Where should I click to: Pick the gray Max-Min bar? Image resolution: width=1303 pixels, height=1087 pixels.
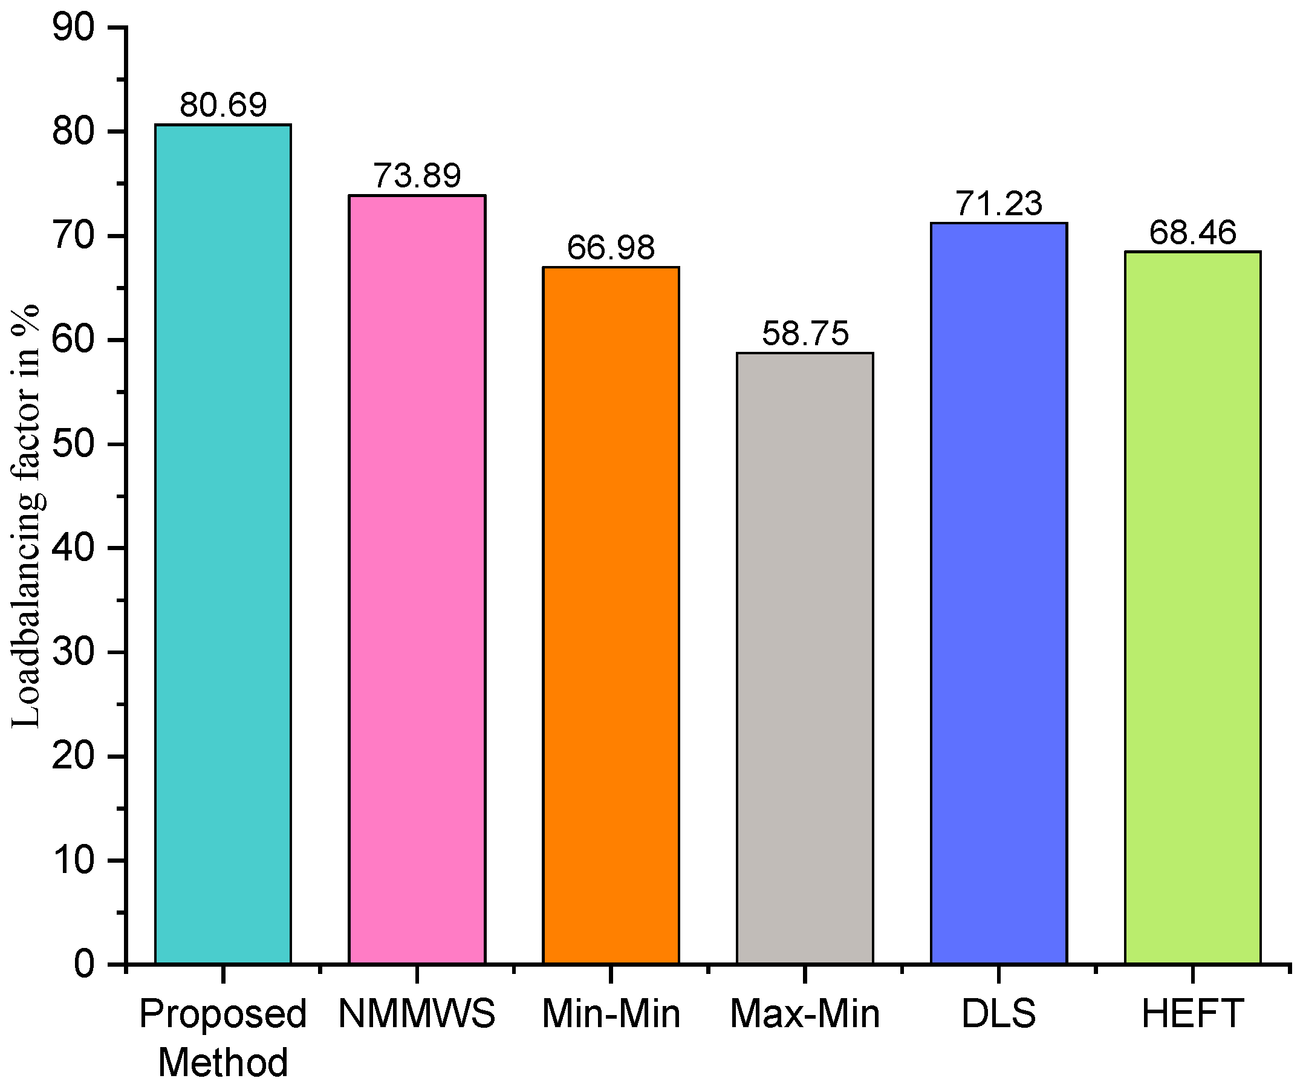coord(805,658)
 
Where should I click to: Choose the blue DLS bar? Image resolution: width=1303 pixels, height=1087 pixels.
coord(998,592)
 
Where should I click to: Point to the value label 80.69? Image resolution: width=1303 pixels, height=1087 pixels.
coord(223,104)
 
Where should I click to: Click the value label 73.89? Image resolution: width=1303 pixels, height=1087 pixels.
coord(417,175)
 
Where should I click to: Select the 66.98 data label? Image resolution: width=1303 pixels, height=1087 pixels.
coord(611,247)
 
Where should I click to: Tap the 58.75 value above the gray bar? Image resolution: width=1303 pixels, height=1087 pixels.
coord(805,333)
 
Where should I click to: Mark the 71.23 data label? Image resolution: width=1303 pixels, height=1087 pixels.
coord(998,203)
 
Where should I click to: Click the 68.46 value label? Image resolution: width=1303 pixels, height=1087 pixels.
coord(1192,232)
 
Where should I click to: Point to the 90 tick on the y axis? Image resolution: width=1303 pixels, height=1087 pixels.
coord(73,28)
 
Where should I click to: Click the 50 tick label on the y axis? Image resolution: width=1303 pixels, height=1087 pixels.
coord(73,444)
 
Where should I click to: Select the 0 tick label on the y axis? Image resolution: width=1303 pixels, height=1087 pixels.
coord(84,964)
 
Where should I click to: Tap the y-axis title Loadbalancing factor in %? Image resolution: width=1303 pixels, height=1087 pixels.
coord(26,515)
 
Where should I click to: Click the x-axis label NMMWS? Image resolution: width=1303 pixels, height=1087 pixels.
coord(417,1014)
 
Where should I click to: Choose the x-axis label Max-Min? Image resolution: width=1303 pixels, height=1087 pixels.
coord(805,1014)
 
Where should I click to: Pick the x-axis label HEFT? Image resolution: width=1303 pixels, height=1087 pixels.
coord(1192,1014)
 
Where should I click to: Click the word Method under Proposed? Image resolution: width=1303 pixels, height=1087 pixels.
coord(223,1062)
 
